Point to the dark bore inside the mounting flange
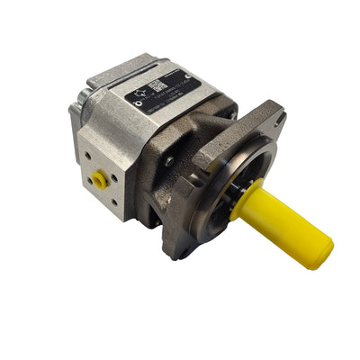(x=229, y=175)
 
